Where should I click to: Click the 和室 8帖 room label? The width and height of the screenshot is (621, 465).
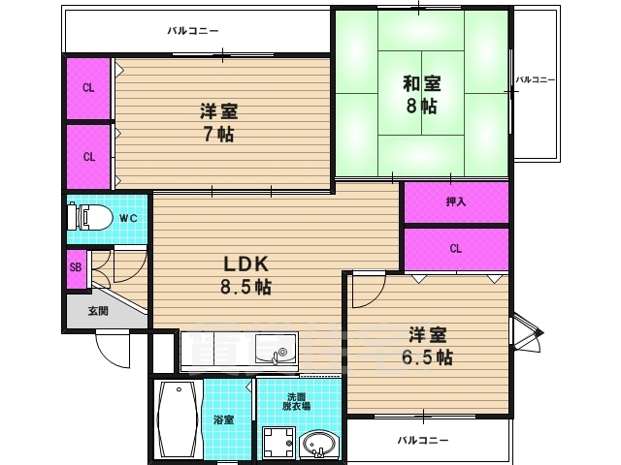coord(421,94)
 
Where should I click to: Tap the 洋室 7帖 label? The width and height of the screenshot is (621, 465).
coord(219,123)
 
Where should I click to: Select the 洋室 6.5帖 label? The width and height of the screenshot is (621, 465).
coord(428,345)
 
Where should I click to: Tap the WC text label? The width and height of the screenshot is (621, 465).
coord(127,218)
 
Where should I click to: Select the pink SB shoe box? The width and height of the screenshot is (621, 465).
coord(75,268)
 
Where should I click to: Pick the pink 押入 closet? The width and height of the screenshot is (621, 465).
coord(456,201)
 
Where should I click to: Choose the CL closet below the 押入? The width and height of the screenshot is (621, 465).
coord(456,248)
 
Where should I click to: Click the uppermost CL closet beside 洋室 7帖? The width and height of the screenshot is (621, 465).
coord(88,88)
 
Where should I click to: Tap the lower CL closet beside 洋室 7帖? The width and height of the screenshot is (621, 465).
coord(88,156)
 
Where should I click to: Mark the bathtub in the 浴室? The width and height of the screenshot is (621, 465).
coord(178,418)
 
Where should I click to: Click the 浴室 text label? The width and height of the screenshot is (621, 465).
coord(225,419)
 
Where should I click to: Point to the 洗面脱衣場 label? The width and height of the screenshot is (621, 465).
coord(298,401)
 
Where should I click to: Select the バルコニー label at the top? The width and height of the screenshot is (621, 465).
coord(194,31)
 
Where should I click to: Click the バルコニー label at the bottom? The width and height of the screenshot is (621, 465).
coord(423,440)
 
